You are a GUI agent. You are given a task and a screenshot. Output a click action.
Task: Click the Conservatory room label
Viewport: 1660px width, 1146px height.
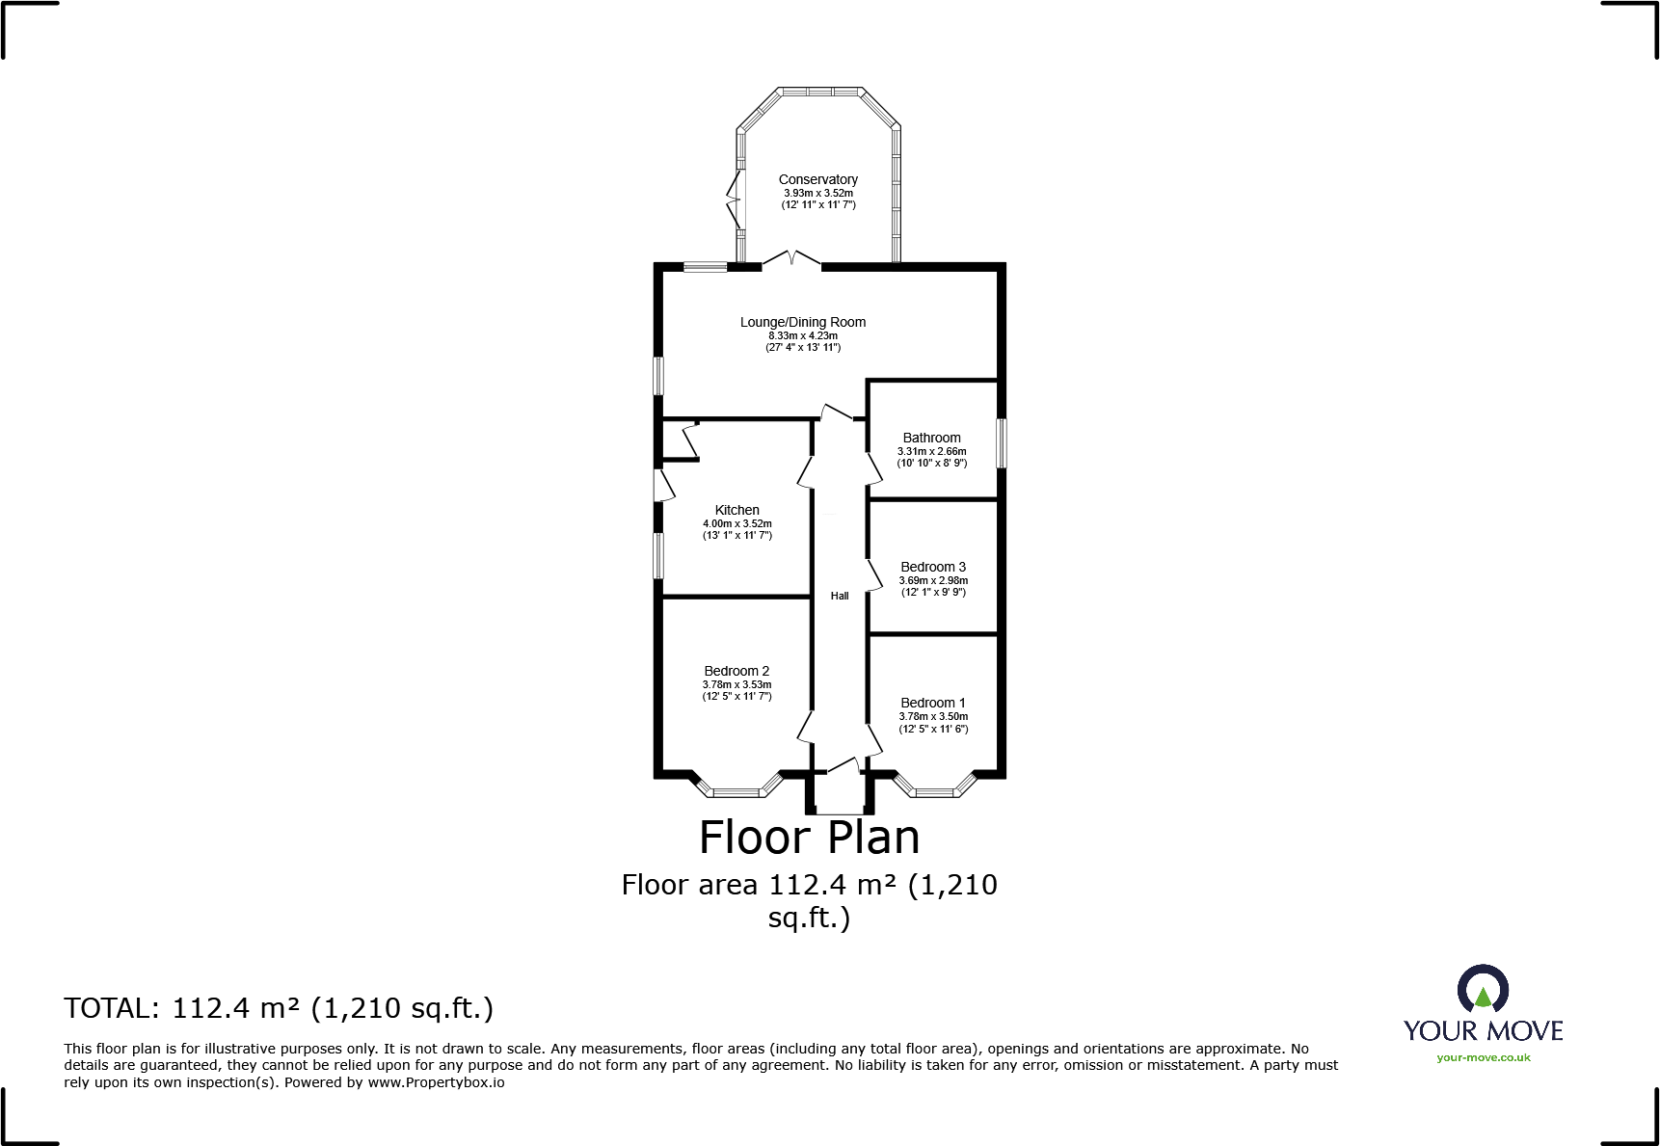click(817, 179)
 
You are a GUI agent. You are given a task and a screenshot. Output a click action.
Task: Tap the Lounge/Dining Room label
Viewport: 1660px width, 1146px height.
click(802, 322)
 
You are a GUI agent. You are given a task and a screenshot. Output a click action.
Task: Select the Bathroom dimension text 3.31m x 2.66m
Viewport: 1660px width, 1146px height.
click(931, 451)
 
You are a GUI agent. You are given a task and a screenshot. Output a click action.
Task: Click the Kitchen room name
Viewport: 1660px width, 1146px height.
click(736, 510)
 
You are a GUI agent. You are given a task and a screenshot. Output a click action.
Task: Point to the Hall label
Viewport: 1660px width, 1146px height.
click(840, 596)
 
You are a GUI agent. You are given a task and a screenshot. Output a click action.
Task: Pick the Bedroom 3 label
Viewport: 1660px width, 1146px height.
click(932, 567)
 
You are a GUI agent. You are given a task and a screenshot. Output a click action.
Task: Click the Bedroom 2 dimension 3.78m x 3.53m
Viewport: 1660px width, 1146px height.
click(736, 684)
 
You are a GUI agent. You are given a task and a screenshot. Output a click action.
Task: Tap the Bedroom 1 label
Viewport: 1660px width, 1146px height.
click(932, 703)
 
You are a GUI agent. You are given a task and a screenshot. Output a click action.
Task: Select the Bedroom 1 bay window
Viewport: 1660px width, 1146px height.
click(933, 790)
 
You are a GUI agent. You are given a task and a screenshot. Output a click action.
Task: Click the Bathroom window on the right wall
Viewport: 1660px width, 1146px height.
click(1002, 443)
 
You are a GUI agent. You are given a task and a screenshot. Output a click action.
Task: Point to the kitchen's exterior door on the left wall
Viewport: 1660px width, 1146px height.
click(663, 485)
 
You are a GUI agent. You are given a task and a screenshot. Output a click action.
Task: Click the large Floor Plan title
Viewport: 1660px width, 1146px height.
click(809, 837)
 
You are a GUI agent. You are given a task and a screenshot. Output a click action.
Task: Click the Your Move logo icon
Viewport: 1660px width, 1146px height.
click(1483, 989)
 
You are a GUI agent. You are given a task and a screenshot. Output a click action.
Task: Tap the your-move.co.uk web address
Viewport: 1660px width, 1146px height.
click(1483, 1057)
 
